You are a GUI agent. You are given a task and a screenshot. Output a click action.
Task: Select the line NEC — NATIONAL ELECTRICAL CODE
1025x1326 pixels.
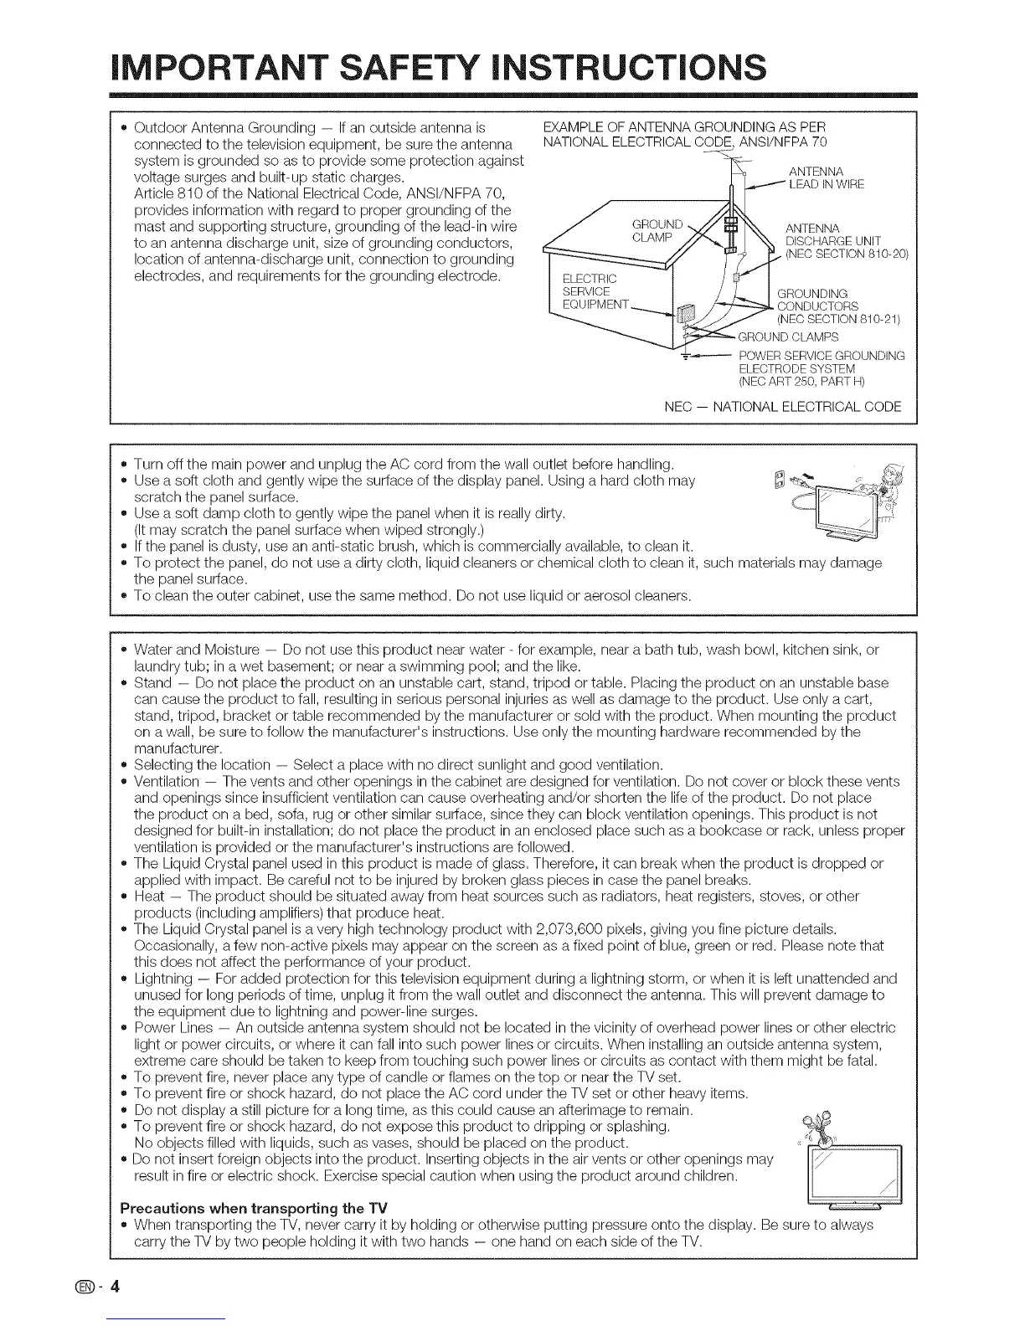[782, 408]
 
